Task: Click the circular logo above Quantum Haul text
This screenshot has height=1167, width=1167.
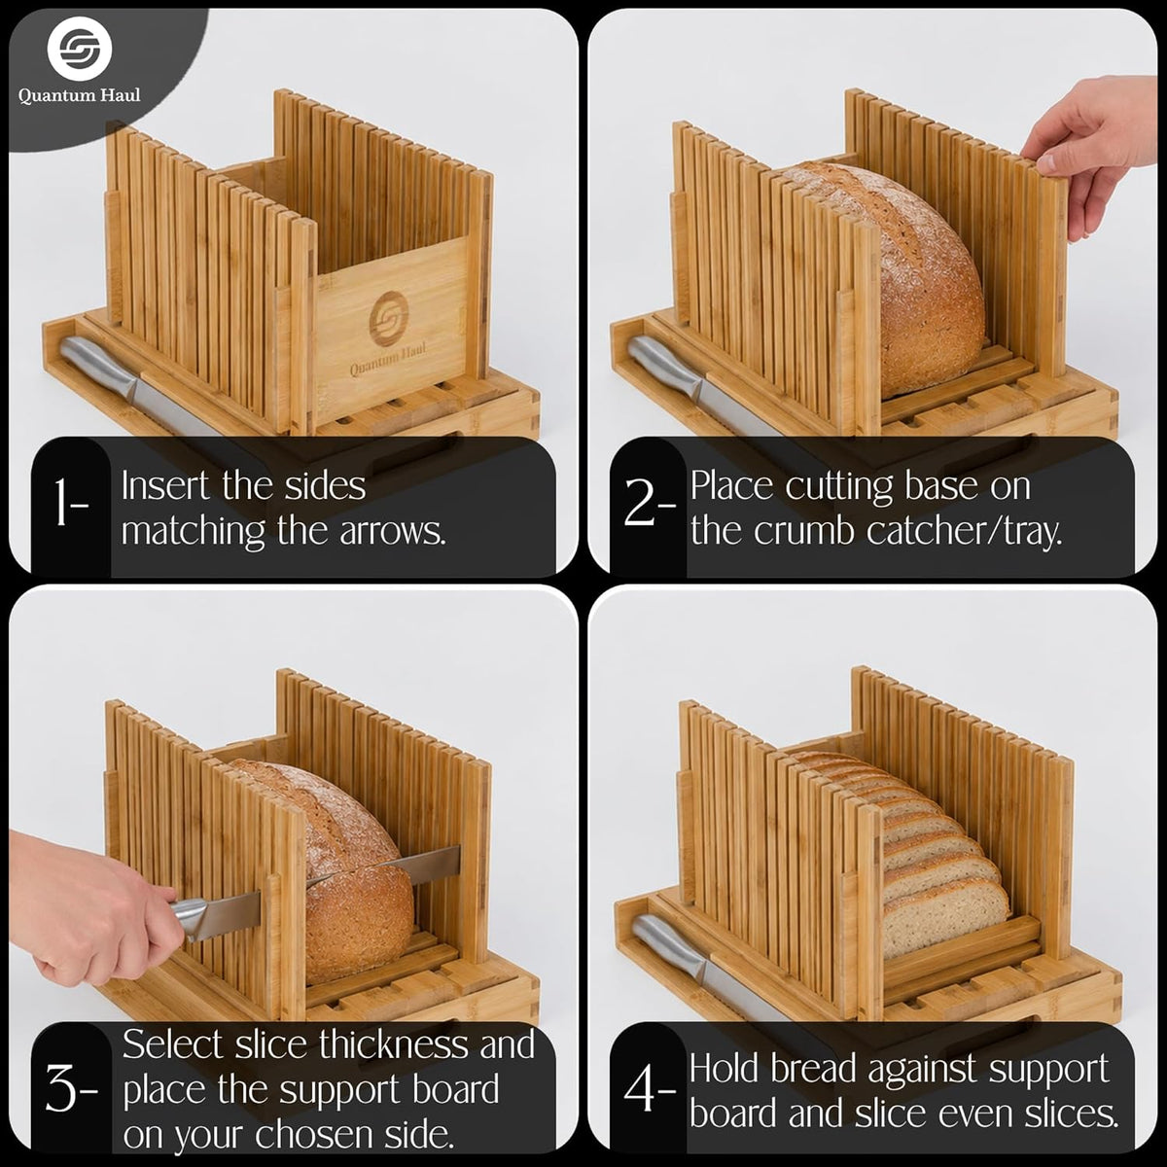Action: (80, 49)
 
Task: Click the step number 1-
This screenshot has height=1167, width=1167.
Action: (71, 502)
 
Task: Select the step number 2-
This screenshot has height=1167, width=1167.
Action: (650, 502)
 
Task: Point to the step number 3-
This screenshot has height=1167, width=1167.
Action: (71, 1089)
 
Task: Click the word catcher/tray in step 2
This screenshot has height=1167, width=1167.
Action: (964, 532)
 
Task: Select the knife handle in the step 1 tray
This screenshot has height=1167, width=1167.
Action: (100, 369)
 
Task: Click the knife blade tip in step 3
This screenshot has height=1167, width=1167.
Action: (310, 885)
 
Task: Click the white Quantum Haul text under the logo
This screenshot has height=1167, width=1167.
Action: (80, 95)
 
